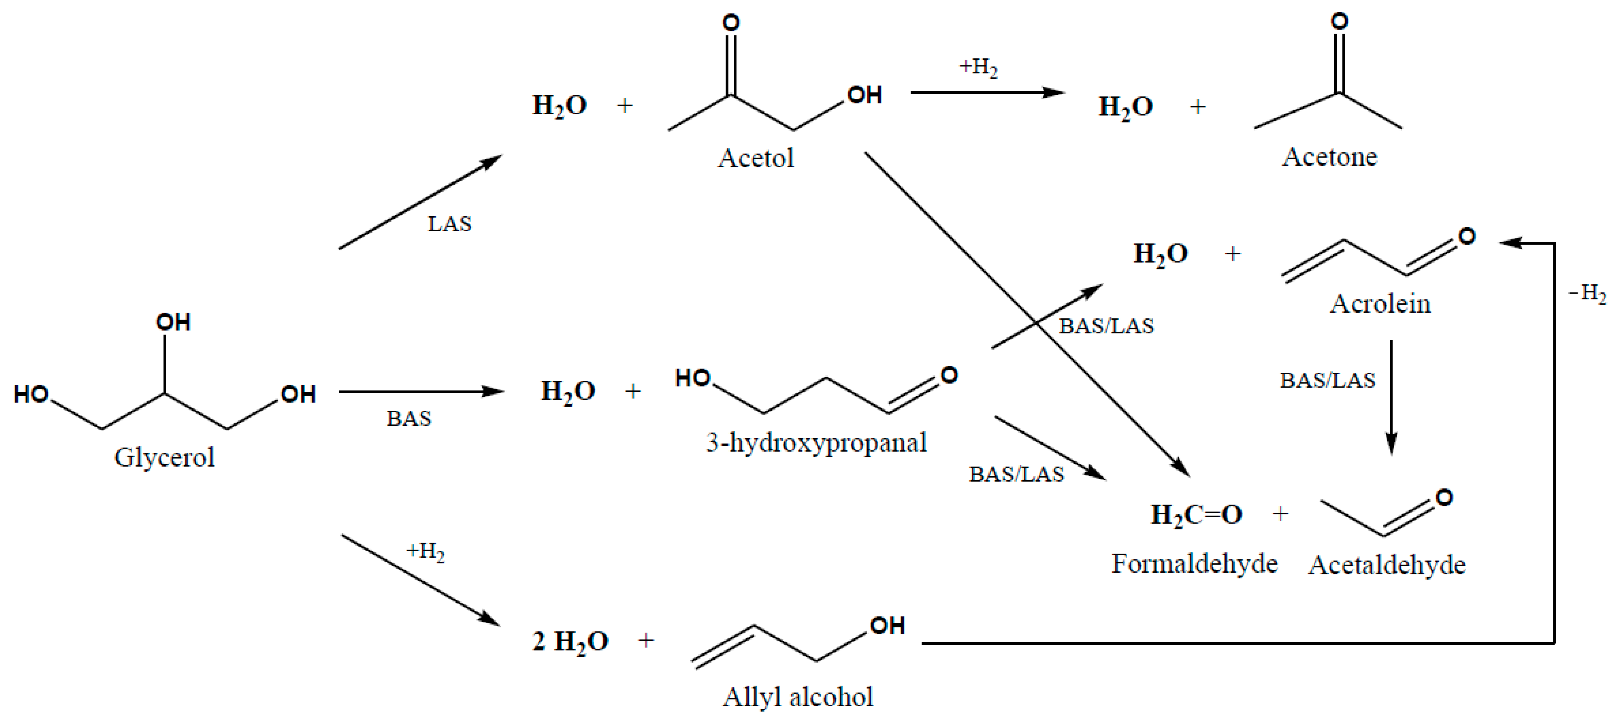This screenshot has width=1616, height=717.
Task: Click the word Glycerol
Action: (164, 457)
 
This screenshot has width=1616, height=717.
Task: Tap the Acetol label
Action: (756, 158)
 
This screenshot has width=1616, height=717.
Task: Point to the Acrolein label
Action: (1380, 304)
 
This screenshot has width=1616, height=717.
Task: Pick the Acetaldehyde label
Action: (1387, 565)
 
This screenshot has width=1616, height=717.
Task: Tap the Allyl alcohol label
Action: (797, 697)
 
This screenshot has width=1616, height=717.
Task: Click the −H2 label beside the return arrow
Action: (1587, 293)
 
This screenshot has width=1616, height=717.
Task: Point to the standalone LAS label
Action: (449, 224)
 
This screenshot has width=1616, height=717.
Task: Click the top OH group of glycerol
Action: (173, 323)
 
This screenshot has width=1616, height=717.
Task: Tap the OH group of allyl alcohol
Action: (887, 626)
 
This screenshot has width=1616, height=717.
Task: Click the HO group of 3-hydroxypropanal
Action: (693, 378)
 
